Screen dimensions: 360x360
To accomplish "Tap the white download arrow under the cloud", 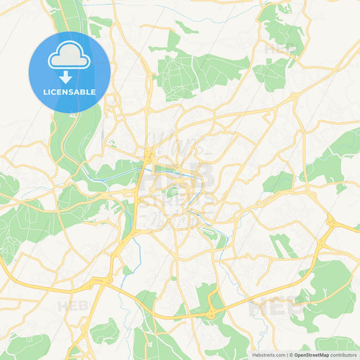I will (69, 77).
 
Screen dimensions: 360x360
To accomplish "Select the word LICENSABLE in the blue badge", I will (69, 92).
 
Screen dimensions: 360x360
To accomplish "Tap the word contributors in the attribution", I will (343, 354).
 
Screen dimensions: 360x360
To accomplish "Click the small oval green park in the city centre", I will (172, 193).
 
